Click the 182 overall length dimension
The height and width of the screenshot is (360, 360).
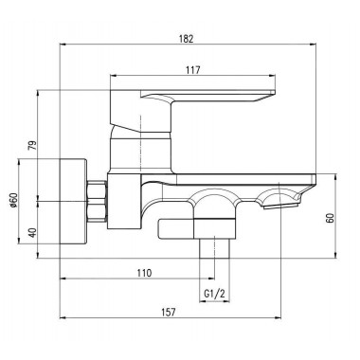click(x=186, y=39)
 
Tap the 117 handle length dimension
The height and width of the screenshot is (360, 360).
click(x=193, y=70)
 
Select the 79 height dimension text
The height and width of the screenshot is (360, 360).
click(x=32, y=145)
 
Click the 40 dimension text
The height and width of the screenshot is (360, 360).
click(x=32, y=233)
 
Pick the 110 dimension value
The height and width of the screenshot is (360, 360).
click(x=144, y=273)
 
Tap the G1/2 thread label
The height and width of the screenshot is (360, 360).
click(x=214, y=295)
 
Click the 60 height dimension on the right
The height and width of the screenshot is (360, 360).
click(x=330, y=218)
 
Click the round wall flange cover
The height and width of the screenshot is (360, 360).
click(x=73, y=201)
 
